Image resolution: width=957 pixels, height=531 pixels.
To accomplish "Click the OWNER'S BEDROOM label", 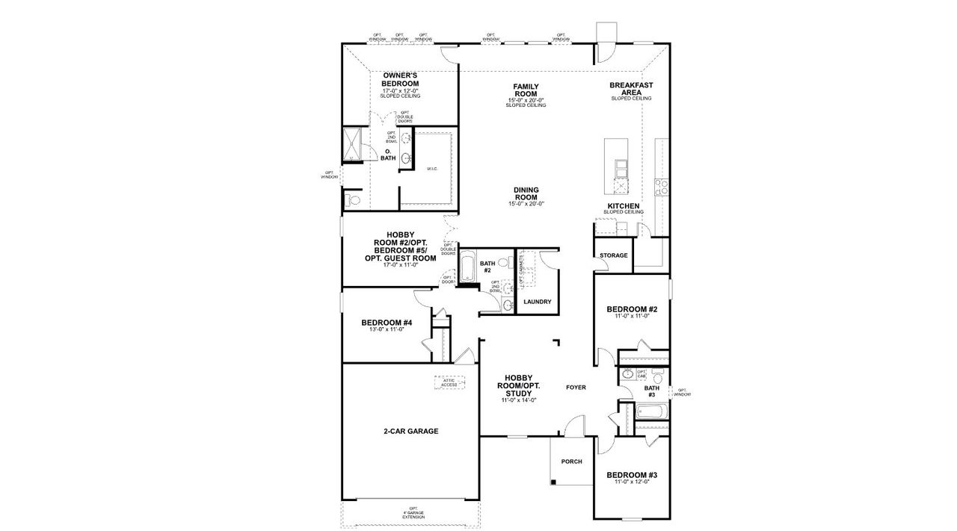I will pos(400,79).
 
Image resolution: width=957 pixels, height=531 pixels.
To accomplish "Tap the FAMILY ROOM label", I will pos(526,90).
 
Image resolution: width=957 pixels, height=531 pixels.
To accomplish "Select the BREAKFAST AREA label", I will pos(631,89).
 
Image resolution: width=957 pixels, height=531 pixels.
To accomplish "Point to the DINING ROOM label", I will pos(526,193).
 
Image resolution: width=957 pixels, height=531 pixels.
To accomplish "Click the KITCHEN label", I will pos(623,205).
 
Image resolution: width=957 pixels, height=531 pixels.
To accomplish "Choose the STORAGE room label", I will pos(613,255).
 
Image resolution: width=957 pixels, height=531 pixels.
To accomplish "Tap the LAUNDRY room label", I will pos(537,302).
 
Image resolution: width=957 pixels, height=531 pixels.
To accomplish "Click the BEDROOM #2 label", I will pos(632,309).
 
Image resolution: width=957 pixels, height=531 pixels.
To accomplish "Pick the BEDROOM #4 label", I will pos(387,323).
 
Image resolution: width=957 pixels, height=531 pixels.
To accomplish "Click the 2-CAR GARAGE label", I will pos(410,431).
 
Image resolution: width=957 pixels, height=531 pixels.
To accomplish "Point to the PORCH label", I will pos(571,462).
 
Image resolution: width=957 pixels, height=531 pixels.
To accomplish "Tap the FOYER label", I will pos(576,388).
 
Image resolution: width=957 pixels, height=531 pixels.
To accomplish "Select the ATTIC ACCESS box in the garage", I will pos(449,382).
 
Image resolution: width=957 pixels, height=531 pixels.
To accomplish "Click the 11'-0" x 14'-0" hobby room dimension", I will pos(517,401).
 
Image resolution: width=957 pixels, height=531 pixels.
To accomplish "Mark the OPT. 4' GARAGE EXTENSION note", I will pos(411,515).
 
